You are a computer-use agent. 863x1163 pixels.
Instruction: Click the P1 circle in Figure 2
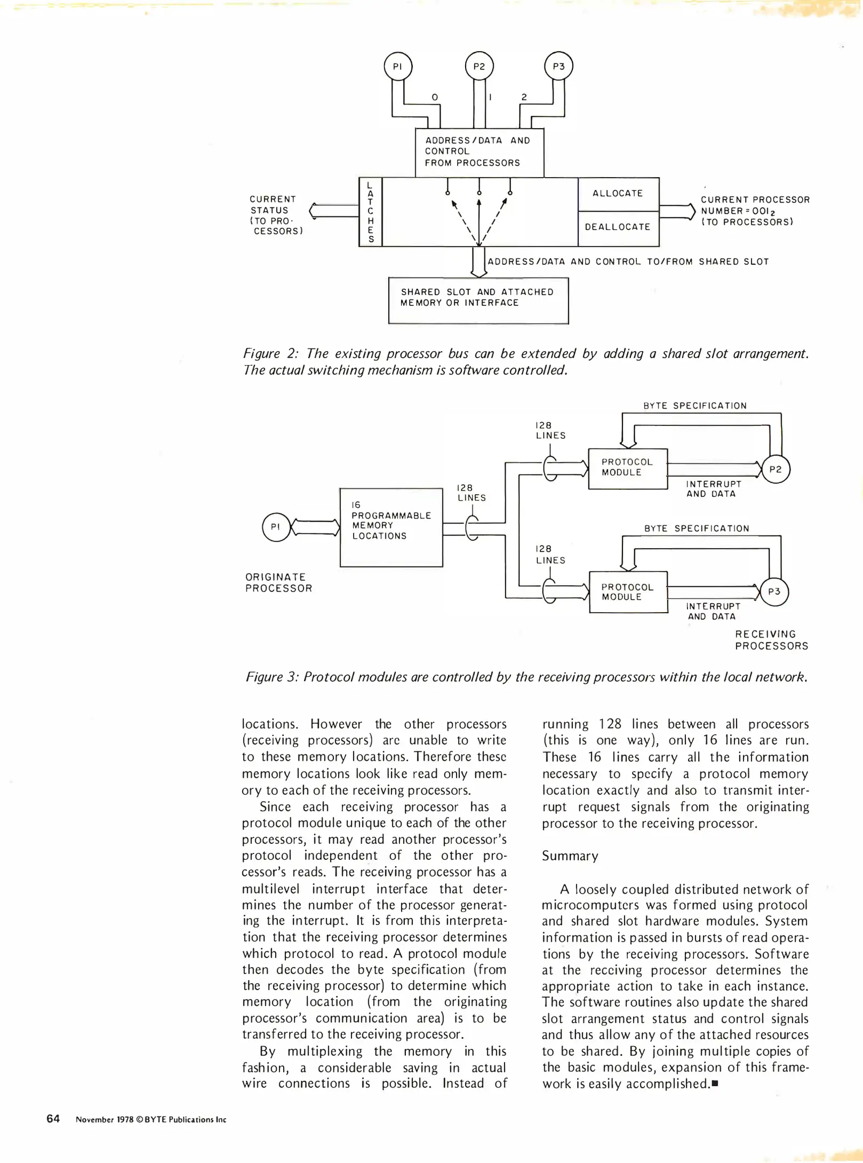tap(398, 67)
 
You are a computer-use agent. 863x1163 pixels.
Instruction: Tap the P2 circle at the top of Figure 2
tap(479, 67)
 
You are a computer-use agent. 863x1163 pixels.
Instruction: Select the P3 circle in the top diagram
tap(559, 66)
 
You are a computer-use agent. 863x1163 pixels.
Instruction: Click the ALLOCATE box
tap(618, 194)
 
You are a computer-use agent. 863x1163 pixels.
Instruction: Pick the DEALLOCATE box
tap(618, 228)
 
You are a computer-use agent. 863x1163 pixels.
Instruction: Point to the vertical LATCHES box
tap(370, 212)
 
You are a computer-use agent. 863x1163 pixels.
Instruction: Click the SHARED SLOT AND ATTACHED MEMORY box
tap(478, 300)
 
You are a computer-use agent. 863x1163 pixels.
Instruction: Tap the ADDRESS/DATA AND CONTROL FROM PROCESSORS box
tap(479, 152)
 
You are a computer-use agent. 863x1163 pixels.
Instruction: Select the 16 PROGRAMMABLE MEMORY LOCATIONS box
tap(391, 527)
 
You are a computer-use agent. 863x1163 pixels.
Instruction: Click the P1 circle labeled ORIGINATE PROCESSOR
tap(276, 527)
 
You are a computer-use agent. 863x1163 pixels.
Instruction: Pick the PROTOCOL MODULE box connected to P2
tap(628, 468)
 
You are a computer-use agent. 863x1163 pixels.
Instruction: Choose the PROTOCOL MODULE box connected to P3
tap(628, 592)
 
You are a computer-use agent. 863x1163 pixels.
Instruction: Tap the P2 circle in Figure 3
tap(775, 470)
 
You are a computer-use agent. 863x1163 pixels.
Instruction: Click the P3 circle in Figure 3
tap(774, 592)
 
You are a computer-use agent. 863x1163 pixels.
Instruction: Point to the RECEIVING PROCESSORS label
tap(771, 640)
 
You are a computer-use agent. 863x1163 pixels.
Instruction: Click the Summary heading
tap(570, 856)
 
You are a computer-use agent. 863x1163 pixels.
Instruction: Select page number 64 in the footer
tap(53, 1119)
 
